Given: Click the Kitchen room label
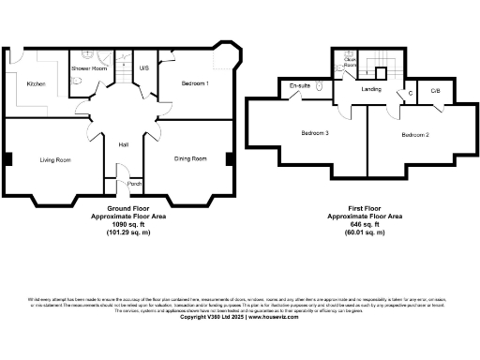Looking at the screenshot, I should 36,84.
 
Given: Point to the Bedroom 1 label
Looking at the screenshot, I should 194,84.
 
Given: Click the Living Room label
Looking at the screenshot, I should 54,160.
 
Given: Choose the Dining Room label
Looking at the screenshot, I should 190,159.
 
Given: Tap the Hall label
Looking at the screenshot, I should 123,144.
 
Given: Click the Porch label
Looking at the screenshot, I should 133,183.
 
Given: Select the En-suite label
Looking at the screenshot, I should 301,86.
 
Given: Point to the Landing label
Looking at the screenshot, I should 370,89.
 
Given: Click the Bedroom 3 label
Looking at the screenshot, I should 314,133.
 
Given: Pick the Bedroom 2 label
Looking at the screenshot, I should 415,136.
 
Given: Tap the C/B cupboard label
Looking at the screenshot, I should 435,91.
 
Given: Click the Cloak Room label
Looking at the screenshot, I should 349,62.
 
